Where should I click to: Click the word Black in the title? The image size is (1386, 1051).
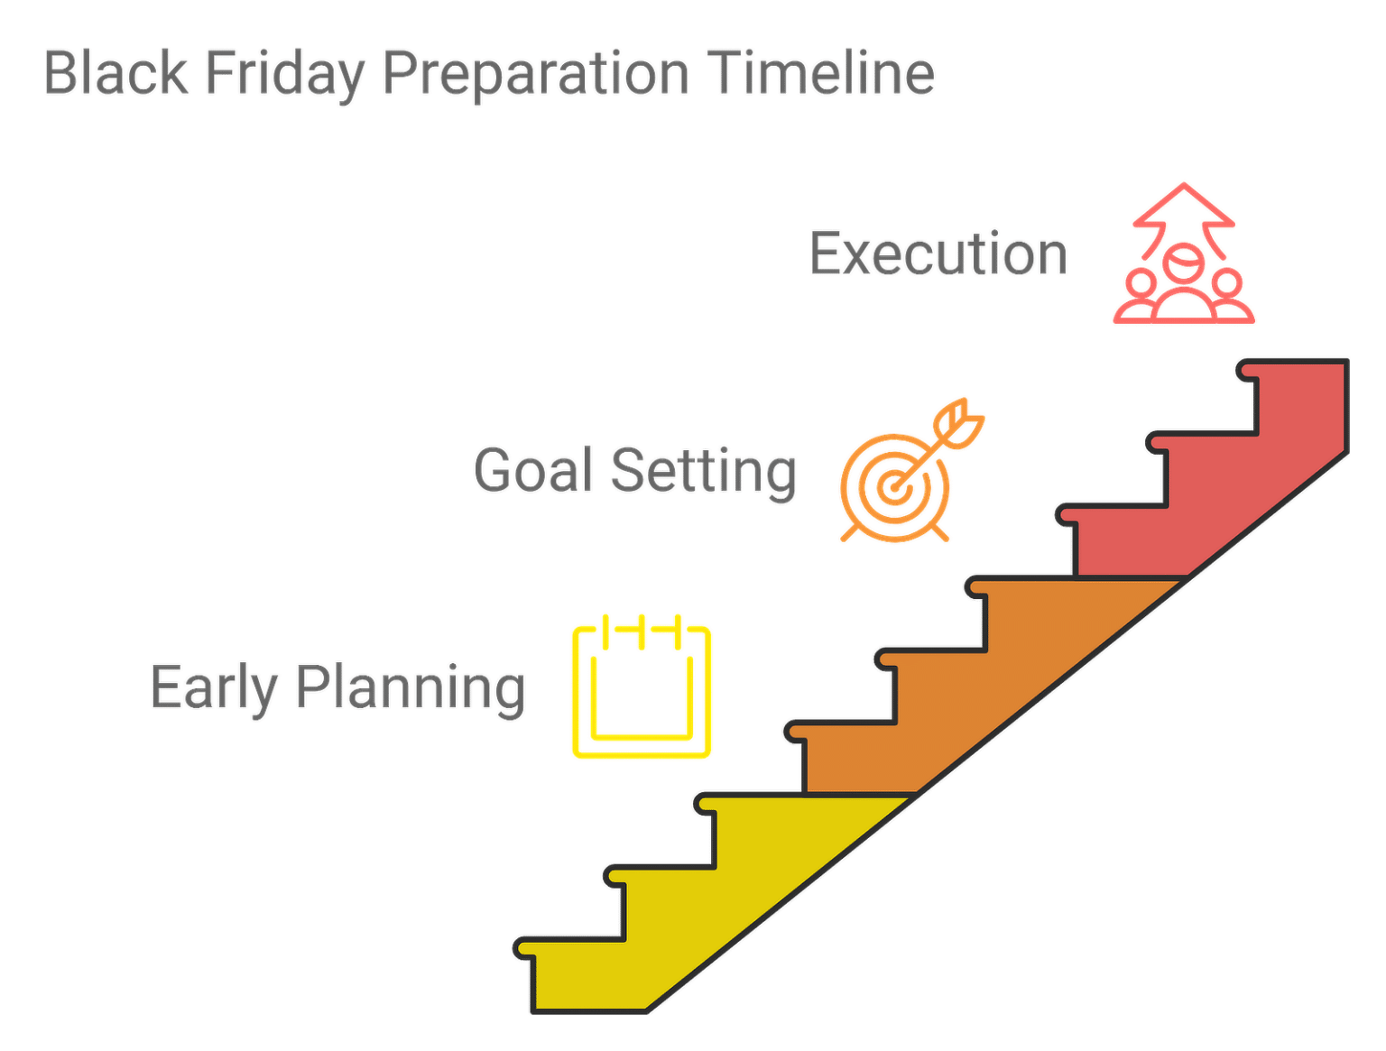point(116,73)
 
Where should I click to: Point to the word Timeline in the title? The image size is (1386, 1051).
point(820,73)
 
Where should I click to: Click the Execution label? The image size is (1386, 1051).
point(938,254)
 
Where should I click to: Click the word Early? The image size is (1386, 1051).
point(214,688)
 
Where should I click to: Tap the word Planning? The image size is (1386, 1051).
point(411,688)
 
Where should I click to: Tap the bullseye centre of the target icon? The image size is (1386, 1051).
point(894,488)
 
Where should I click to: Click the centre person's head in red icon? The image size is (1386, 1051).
point(1182,263)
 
